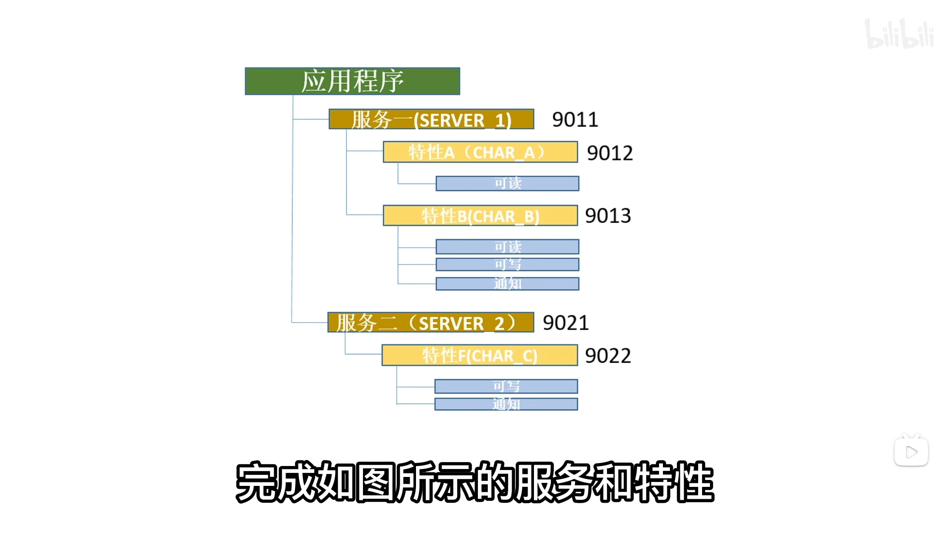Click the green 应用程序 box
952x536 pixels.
(353, 81)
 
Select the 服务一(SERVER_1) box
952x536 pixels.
(431, 119)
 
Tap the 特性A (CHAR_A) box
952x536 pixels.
(480, 152)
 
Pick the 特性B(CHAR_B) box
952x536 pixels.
(480, 216)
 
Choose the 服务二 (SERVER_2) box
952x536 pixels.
(430, 323)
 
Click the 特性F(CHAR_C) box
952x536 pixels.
(479, 355)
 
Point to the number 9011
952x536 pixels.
(575, 120)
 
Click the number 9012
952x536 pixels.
(610, 153)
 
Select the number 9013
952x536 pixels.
(608, 216)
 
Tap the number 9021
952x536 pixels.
(566, 323)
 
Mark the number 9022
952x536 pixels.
(608, 356)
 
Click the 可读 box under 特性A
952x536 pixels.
(507, 184)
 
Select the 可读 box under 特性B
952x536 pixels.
(507, 247)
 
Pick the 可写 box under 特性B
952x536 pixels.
(507, 265)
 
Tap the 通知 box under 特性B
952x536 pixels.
(507, 284)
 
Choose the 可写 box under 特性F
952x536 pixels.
(506, 386)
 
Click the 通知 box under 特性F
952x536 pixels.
(506, 404)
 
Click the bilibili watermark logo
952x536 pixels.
(899, 34)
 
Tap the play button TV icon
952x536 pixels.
(911, 451)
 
